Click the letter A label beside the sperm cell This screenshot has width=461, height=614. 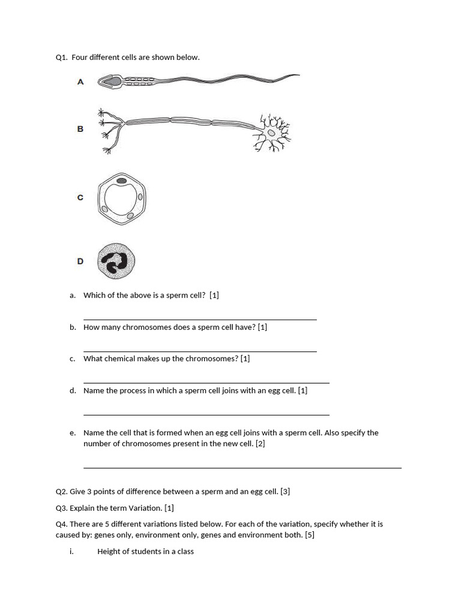tap(80, 82)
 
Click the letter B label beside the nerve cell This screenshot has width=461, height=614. tap(80, 129)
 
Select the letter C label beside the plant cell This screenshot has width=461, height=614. tap(80, 197)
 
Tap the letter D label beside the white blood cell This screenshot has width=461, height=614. tap(80, 261)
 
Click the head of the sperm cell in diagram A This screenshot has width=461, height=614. tap(110, 81)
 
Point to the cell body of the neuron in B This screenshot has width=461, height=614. tap(273, 133)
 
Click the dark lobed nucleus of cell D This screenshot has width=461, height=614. tap(114, 261)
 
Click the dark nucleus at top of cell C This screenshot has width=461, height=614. tap(121, 180)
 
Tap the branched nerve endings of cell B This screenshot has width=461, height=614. tap(108, 129)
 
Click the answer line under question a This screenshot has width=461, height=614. tap(200, 320)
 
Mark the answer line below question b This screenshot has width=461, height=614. tap(200, 351)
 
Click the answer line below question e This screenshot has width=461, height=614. tap(243, 467)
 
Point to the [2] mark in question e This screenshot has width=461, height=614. tap(260, 444)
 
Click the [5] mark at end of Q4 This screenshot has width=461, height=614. tap(309, 535)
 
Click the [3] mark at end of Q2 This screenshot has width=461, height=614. tap(285, 492)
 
